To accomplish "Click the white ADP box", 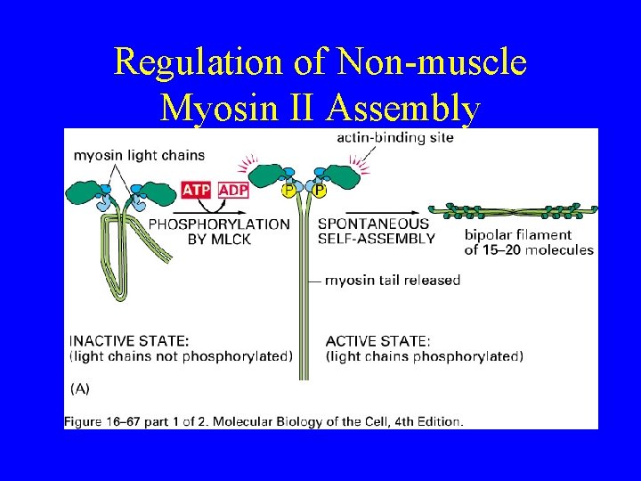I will coord(233,190).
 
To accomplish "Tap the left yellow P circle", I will coord(288,190).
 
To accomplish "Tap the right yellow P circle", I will coord(319,190).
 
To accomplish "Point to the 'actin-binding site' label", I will coord(394,137).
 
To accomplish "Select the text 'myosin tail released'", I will coord(393,280).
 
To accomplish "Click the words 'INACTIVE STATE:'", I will coord(129,340).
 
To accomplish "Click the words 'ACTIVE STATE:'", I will coord(378,340).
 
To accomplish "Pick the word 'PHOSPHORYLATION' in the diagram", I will coord(219,224).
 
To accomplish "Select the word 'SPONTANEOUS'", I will coord(373,224).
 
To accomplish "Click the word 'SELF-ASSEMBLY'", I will coord(376,238).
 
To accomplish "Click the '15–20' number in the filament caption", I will coord(501,249).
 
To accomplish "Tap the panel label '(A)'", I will coord(80,388).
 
